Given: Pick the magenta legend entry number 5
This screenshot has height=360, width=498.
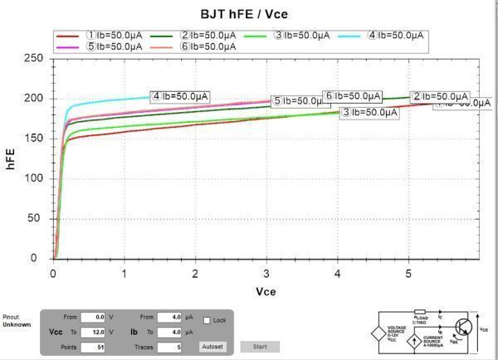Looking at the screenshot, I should [114, 46].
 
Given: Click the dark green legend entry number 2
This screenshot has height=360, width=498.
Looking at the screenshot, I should [208, 35].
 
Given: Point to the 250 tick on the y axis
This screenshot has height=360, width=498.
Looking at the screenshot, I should [33, 58].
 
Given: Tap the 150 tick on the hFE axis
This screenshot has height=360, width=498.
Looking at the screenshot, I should [33, 138].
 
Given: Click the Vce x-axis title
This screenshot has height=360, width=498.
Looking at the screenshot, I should [266, 291].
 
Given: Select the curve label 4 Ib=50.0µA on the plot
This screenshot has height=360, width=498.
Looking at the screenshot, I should [180, 96].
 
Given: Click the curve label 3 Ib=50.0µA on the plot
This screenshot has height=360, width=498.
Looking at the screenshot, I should [369, 112].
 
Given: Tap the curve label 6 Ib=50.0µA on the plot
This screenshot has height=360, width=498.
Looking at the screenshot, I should [352, 96].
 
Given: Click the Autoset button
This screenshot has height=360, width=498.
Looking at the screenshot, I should [212, 346].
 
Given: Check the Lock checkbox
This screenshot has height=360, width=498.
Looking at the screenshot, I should [207, 319].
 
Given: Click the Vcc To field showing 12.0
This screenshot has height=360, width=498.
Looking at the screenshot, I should [93, 332].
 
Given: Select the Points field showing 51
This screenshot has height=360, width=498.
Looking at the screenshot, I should [93, 346].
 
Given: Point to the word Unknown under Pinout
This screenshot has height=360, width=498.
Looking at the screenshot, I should [17, 324].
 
